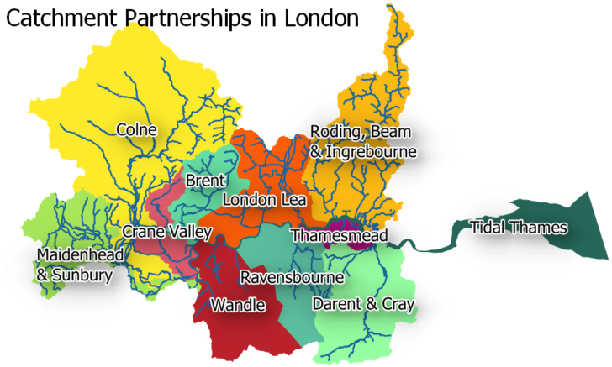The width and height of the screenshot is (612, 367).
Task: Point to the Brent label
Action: tap(205, 181)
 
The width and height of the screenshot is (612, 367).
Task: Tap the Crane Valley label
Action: tap(160, 231)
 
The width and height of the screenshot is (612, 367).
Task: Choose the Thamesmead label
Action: tap(334, 237)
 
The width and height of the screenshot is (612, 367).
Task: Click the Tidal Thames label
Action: tap(519, 228)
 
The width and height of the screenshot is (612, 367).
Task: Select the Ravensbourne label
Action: tap(292, 277)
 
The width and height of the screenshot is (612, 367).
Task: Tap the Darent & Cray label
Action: tap(363, 304)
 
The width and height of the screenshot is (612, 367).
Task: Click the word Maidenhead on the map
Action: tap(80, 254)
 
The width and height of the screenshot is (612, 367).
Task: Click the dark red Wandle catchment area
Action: tap(244, 332)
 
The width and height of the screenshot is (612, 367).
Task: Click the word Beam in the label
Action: tap(396, 132)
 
